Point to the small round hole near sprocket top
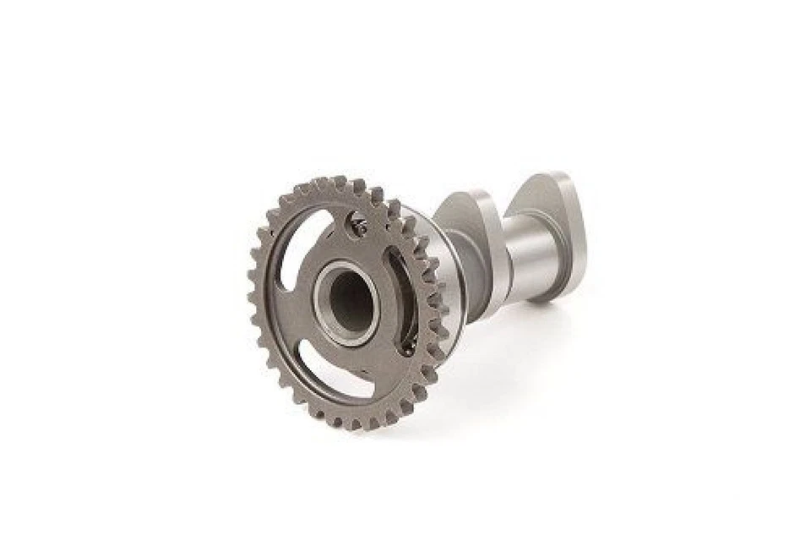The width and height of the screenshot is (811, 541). pos(358,225)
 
